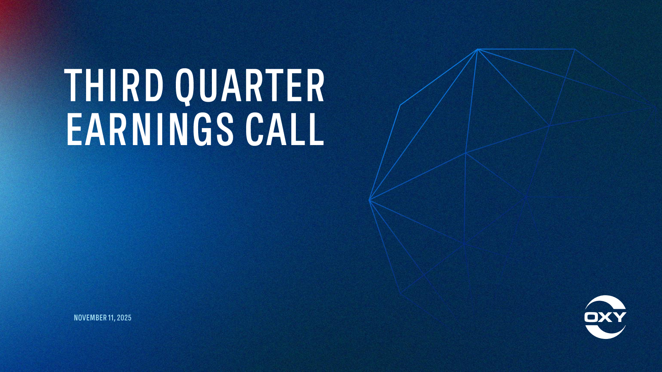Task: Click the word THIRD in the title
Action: (x=115, y=86)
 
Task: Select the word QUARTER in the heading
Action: (x=249, y=86)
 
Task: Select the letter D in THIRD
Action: (x=154, y=86)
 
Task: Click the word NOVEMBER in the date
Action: (x=90, y=318)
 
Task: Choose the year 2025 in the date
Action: (x=124, y=318)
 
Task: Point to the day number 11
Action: (x=110, y=318)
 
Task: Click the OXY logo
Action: (x=605, y=317)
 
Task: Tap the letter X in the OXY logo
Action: (x=605, y=317)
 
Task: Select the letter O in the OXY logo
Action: (x=592, y=317)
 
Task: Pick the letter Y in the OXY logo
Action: (x=619, y=317)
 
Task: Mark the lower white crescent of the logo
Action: (x=605, y=332)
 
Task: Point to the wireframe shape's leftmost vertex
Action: (x=369, y=200)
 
